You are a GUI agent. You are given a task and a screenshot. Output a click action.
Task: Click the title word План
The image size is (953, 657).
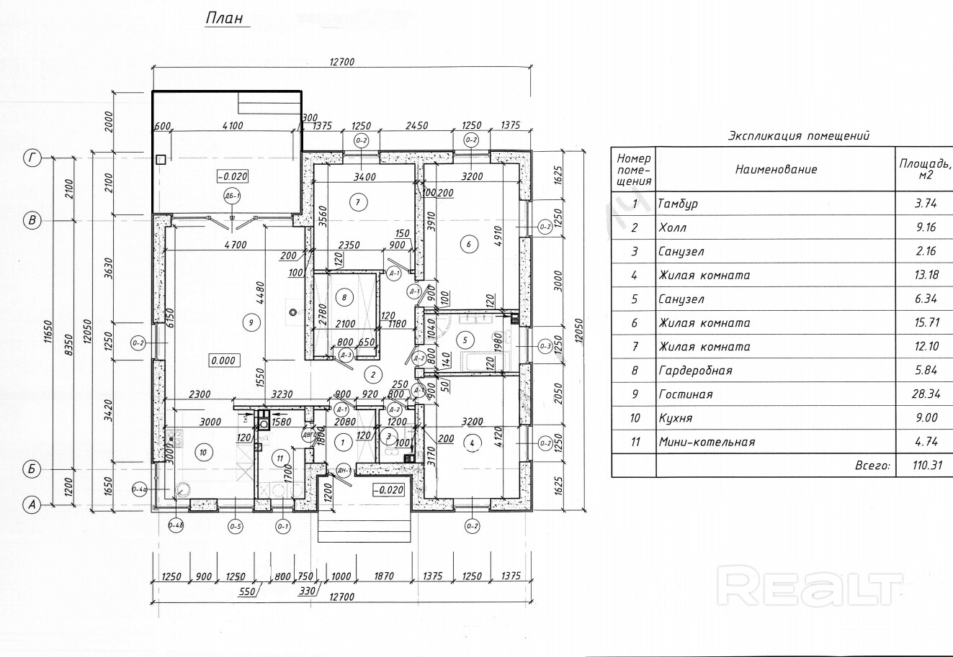point(225,17)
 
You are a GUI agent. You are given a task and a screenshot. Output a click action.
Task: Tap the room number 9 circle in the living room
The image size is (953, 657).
point(251,323)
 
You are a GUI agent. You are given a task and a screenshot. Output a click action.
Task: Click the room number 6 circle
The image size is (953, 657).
point(469,244)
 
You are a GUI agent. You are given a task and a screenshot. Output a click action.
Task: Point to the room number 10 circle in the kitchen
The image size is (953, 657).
point(203,452)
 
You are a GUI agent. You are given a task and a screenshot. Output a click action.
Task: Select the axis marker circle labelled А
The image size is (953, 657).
point(31,504)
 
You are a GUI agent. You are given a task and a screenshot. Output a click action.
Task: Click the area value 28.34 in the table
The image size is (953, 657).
point(926,394)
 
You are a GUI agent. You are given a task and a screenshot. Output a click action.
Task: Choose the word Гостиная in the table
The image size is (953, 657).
point(685,394)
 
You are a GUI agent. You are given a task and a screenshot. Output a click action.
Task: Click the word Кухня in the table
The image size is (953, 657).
point(678,418)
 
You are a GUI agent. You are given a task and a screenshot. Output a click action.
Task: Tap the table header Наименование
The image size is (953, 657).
point(776,170)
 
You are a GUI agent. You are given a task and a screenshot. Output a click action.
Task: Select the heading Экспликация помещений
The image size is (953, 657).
point(799,135)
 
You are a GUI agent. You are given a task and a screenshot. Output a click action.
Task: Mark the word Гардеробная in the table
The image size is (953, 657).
point(695,371)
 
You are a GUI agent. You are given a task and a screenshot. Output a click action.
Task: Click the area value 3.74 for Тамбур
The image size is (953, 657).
point(926,204)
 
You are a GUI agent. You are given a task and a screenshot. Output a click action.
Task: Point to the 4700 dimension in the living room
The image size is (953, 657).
point(235,245)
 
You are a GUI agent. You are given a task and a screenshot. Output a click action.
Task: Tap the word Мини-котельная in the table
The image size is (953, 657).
point(707,442)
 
